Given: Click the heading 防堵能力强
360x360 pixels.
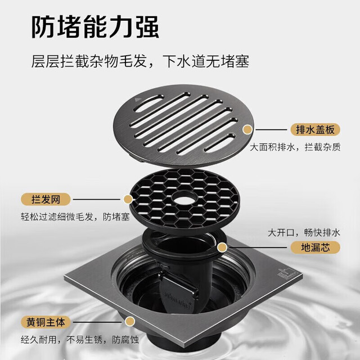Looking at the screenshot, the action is pyautogui.click(x=95, y=27).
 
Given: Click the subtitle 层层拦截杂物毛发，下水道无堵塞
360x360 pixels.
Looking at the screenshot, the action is pyautogui.click(x=140, y=61).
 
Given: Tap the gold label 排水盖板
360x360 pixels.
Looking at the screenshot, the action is pyautogui.click(x=315, y=130).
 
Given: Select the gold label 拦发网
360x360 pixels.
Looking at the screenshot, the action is pyautogui.click(x=46, y=199).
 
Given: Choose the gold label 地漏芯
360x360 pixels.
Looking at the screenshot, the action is pyautogui.click(x=315, y=247).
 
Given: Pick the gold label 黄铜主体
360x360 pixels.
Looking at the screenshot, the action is pyautogui.click(x=46, y=322).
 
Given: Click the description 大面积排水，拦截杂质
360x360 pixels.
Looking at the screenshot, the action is pyautogui.click(x=295, y=147).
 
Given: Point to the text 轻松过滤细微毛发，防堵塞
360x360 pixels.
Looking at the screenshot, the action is pyautogui.click(x=75, y=217).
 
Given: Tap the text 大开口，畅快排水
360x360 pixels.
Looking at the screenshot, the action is pyautogui.click(x=304, y=232).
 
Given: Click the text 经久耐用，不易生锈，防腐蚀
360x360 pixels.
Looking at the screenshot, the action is pyautogui.click(x=80, y=340).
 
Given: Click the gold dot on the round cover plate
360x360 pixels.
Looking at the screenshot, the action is pyautogui.click(x=247, y=129).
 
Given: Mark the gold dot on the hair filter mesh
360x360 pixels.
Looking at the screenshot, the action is pyautogui.click(x=128, y=199).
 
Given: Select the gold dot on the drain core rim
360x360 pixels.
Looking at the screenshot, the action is pyautogui.click(x=222, y=247).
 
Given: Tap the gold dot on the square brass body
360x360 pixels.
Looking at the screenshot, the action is pyautogui.click(x=130, y=321).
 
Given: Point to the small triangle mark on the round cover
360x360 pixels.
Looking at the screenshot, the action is pyautogui.click(x=137, y=100).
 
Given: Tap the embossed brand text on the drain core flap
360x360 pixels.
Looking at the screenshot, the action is pyautogui.click(x=176, y=299).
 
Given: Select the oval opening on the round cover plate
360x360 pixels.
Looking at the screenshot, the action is pyautogui.click(x=148, y=103).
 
